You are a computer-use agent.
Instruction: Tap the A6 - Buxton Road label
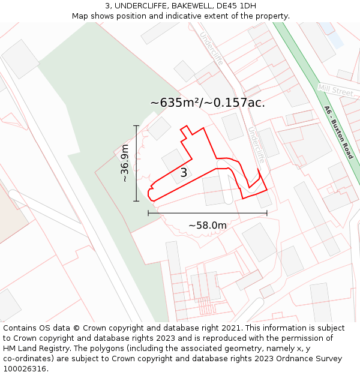pyautogui.click(x=338, y=133)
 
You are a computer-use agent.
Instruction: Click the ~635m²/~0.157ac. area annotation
pyautogui.click(x=208, y=103)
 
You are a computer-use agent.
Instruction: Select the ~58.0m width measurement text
pyautogui.click(x=208, y=225)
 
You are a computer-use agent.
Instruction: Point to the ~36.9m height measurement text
pyautogui.click(x=125, y=163)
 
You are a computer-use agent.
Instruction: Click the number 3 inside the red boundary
pyautogui.click(x=184, y=173)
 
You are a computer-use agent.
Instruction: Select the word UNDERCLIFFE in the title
pyautogui.click(x=141, y=5)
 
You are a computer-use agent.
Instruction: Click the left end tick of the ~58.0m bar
pyautogui.click(x=148, y=213)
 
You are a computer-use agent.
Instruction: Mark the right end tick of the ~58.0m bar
pyautogui.click(x=267, y=213)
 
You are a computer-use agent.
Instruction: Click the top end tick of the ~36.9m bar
pyautogui.click(x=137, y=126)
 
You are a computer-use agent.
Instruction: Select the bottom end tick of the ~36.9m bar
pyautogui.click(x=137, y=201)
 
